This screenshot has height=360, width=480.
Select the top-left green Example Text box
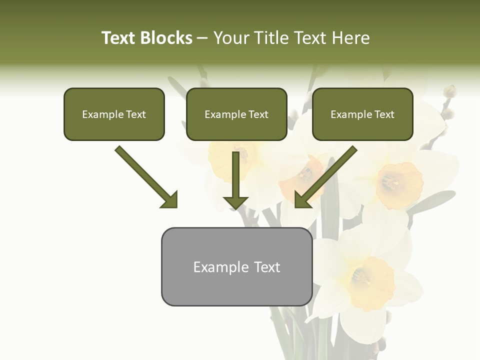pos(114,114)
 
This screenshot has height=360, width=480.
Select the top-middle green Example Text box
pos(236,114)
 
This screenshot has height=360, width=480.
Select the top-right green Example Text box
pos(362,114)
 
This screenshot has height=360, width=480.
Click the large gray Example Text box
pos(236,267)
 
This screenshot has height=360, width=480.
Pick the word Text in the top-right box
pos(384,114)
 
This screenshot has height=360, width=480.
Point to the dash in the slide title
pos(203,38)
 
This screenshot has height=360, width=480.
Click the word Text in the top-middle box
pos(258,114)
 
